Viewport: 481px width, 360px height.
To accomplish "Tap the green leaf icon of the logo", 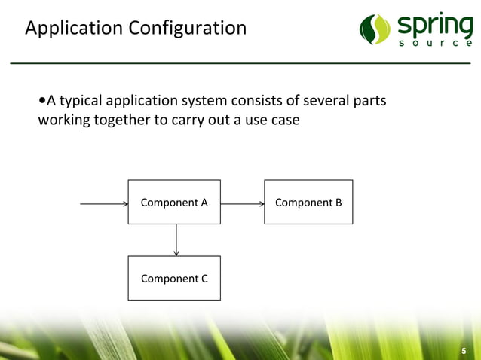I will coord(375,29).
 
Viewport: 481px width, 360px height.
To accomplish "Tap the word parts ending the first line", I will coord(369,101).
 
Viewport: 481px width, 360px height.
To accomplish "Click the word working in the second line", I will coord(66,121).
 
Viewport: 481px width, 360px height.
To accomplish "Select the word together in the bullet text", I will coord(124,121).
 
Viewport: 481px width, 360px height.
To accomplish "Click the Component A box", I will coord(174,202).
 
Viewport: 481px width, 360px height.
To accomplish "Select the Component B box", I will coord(308,202).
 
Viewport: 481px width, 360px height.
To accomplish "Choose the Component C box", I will coord(174,278).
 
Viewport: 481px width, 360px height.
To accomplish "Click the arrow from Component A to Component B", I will coord(242,203).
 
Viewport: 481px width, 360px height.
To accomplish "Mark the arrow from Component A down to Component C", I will coord(176,239).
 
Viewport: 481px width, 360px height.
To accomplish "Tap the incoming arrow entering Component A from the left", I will coord(103,203).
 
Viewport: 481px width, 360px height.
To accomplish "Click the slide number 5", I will coord(464,351).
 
